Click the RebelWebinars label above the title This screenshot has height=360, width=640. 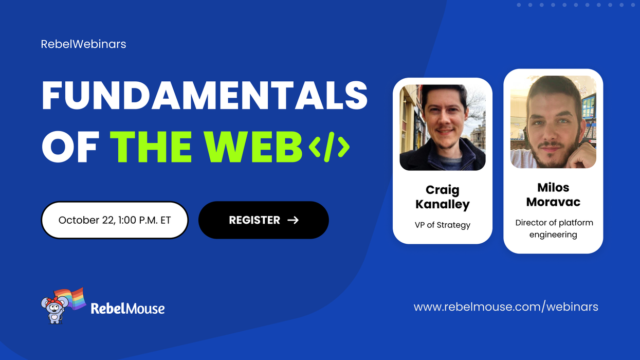tap(83, 44)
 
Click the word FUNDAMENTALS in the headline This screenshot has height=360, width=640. tap(204, 96)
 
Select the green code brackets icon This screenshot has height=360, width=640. tap(329, 147)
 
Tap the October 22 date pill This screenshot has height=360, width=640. tap(115, 220)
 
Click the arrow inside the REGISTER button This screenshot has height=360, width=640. tap(293, 220)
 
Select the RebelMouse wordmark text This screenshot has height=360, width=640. tap(127, 309)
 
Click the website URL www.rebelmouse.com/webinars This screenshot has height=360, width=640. tap(506, 307)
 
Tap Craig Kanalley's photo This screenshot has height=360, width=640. tap(443, 128)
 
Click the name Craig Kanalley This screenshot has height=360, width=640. tap(443, 197)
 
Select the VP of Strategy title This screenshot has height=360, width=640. tap(443, 225)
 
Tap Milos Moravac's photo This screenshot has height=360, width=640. tap(553, 122)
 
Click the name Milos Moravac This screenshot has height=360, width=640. tap(553, 194)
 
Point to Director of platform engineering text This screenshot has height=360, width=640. tap(553, 229)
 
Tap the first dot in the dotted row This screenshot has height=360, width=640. tap(518, 5)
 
